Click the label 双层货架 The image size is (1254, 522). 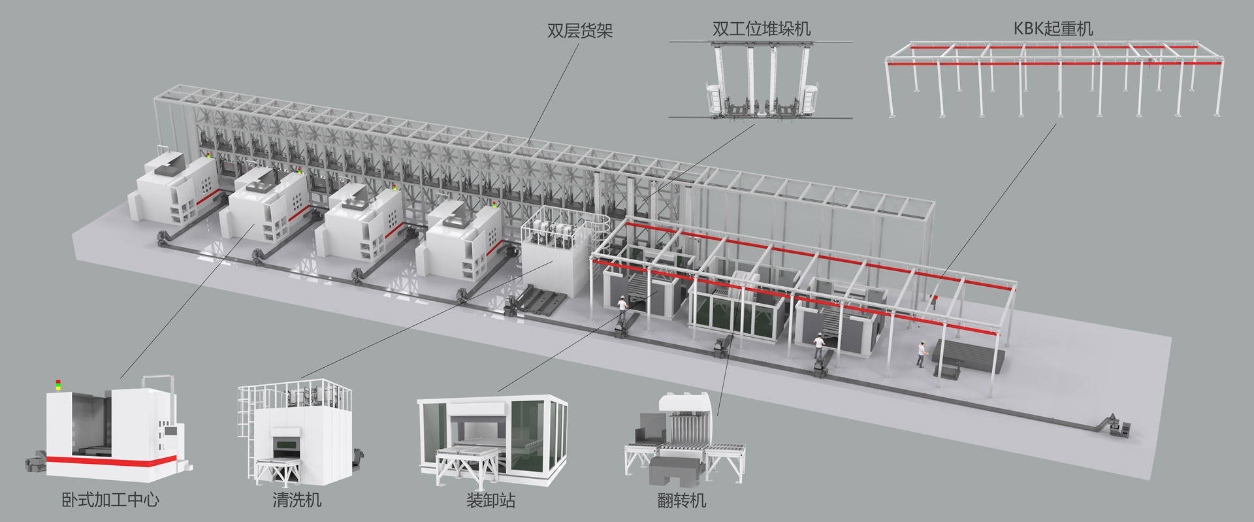[x=579, y=31]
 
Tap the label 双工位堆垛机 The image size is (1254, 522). [x=761, y=29]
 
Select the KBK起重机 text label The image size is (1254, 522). [x=1053, y=29]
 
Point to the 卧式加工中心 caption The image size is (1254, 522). [x=110, y=500]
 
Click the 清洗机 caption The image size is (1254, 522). [x=297, y=500]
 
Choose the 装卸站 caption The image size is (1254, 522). [x=490, y=500]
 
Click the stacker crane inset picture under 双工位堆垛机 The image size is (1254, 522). [x=761, y=81]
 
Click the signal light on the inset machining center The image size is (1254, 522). [x=57, y=385]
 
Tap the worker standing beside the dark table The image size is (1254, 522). [x=922, y=353]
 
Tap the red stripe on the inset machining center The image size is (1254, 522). [x=111, y=463]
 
